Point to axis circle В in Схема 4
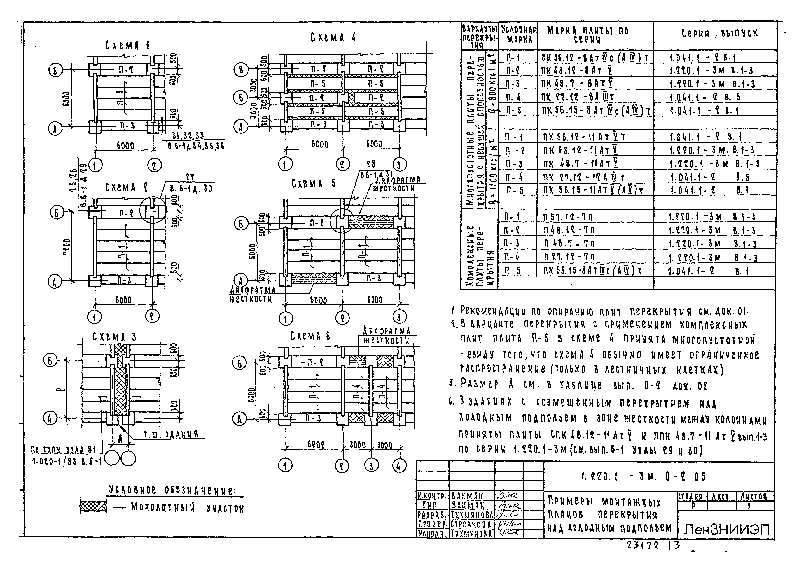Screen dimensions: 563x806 241,70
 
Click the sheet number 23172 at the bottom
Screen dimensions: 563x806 642,545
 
